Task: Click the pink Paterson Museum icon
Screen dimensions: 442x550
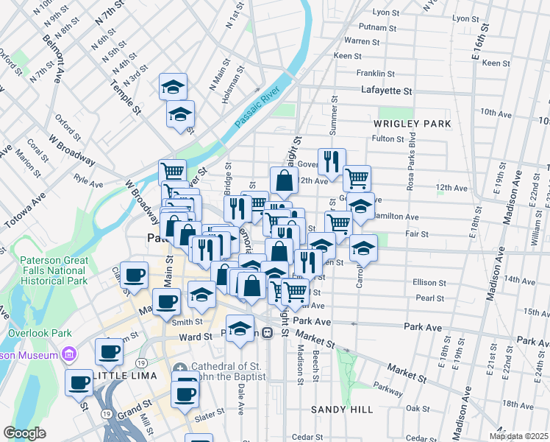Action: click(x=70, y=354)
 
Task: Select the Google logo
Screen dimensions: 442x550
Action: click(x=24, y=433)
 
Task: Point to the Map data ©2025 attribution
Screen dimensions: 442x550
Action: click(x=518, y=435)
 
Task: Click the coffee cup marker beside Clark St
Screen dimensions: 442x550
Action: click(x=133, y=276)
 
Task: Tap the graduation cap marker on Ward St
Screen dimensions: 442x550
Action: click(x=240, y=330)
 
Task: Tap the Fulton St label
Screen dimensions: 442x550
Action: click(x=384, y=138)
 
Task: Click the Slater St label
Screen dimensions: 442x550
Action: click(x=209, y=417)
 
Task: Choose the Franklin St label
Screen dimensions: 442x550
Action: click(x=375, y=74)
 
